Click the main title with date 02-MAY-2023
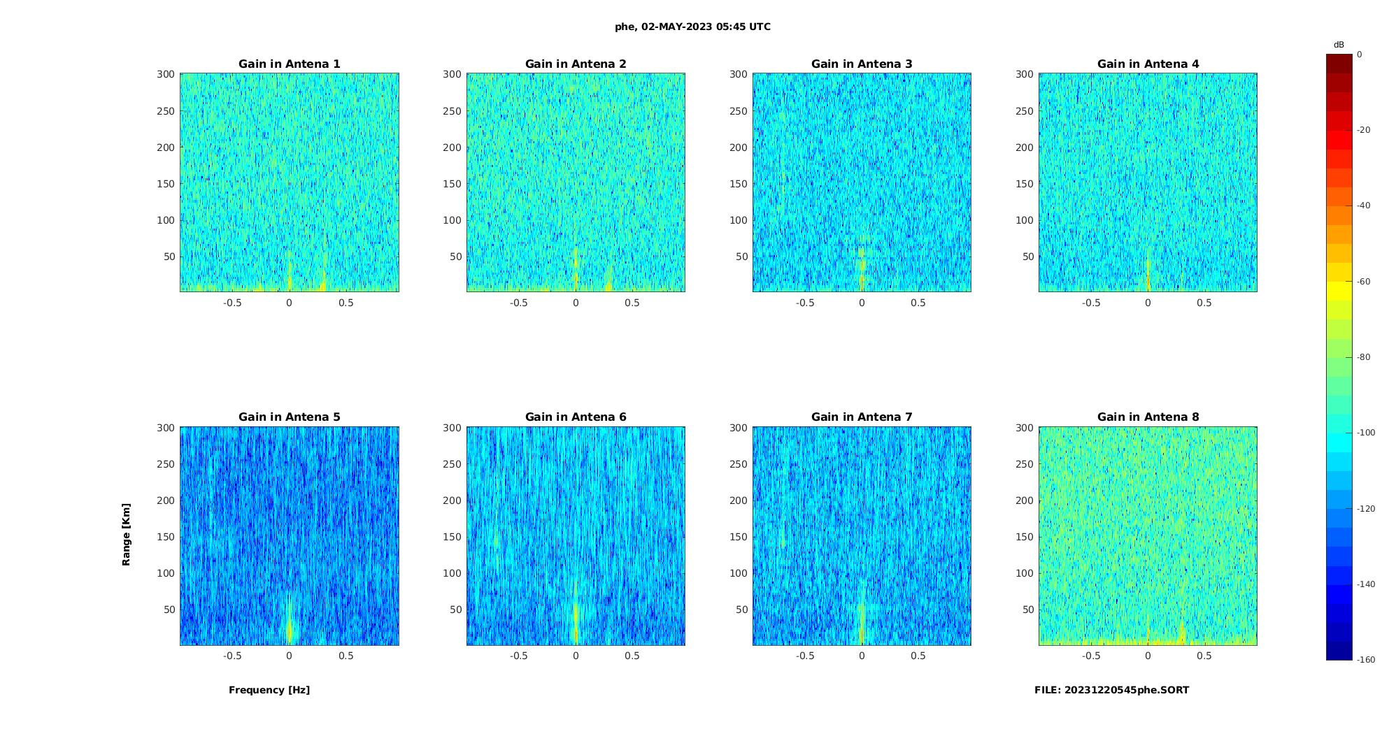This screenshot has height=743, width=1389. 692,27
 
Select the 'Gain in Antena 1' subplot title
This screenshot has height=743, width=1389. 290,64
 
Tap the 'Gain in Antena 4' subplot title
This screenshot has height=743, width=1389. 1148,64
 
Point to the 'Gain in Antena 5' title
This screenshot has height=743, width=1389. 290,417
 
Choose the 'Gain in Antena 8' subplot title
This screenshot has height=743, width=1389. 1148,417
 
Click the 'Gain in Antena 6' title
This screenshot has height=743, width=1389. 576,417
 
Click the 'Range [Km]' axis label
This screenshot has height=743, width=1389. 127,534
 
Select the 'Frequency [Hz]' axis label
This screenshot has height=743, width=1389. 269,690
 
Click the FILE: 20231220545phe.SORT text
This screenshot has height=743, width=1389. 1111,690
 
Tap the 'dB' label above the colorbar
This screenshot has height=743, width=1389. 1339,45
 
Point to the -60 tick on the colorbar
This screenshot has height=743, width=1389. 1364,282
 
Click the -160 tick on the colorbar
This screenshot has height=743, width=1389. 1366,660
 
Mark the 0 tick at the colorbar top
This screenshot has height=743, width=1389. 1360,55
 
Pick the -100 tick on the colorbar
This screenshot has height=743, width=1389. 1366,433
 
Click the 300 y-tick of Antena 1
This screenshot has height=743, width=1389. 166,74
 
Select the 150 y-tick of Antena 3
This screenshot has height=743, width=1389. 739,184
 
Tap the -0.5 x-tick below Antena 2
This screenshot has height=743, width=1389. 518,303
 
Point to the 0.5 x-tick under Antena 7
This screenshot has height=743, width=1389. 918,656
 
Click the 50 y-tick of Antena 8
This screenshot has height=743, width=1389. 1028,609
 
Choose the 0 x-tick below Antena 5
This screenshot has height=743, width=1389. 290,656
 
